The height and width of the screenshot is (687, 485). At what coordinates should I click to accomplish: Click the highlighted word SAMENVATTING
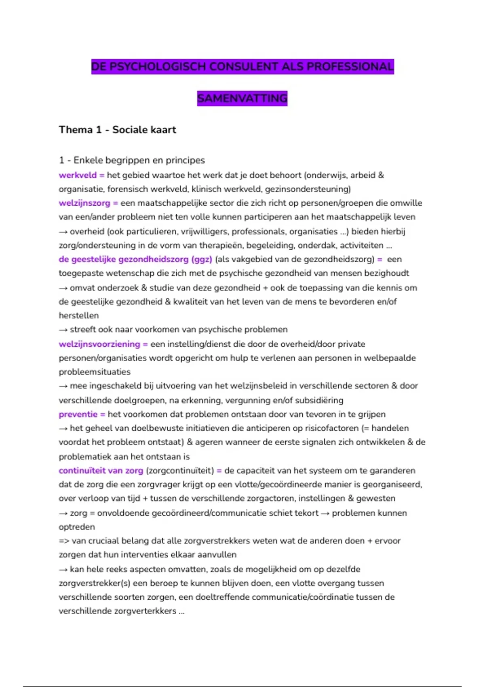pos(242,98)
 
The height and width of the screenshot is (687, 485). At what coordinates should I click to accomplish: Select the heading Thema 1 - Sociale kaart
pos(117,130)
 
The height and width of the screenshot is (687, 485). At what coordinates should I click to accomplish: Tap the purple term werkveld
pos(78,175)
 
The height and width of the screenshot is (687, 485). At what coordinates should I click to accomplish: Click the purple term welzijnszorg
pos(84,203)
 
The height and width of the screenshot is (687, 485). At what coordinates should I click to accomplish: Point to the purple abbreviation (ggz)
pos(202,259)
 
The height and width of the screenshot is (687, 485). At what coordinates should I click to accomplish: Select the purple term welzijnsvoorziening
pos(99,344)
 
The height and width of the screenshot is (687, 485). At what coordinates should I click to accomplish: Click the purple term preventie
pos(78,415)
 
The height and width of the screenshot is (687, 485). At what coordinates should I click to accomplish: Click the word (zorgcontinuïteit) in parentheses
pos(180,471)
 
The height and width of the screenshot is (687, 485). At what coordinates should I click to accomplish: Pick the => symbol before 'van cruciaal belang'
pos(63,541)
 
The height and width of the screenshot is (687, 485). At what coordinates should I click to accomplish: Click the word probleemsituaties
pos(95,372)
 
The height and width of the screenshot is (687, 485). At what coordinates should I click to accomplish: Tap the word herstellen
pos(78,316)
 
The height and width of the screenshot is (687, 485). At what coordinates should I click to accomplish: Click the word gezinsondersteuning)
pos(308,189)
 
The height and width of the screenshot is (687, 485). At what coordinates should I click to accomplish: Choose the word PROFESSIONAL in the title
pos(350,67)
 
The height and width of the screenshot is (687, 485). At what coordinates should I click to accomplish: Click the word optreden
pos(77,527)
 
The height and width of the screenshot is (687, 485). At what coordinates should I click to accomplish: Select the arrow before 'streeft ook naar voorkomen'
pos(63,330)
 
